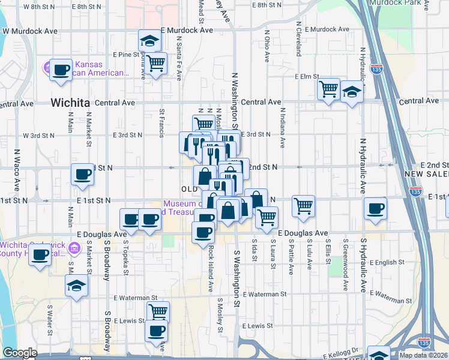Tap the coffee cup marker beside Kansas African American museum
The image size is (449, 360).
coord(61,70)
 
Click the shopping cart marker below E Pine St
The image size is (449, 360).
coord(155,62)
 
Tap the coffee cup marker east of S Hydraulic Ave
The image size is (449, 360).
coord(376,209)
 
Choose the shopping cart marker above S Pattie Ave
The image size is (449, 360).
coord(304,205)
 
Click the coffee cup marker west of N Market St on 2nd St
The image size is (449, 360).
coord(83,175)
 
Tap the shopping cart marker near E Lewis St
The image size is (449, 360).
coord(158,312)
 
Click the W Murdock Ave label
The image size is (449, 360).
coord(30,31)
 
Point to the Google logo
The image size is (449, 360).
coord(20,353)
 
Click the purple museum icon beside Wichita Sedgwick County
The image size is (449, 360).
coord(74,248)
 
